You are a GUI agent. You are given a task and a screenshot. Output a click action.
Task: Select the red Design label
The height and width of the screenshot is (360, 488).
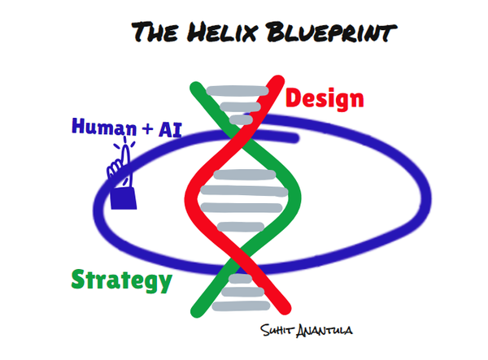click(325, 98)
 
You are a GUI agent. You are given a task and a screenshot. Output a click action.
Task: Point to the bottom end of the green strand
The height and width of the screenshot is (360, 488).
click(196, 311)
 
